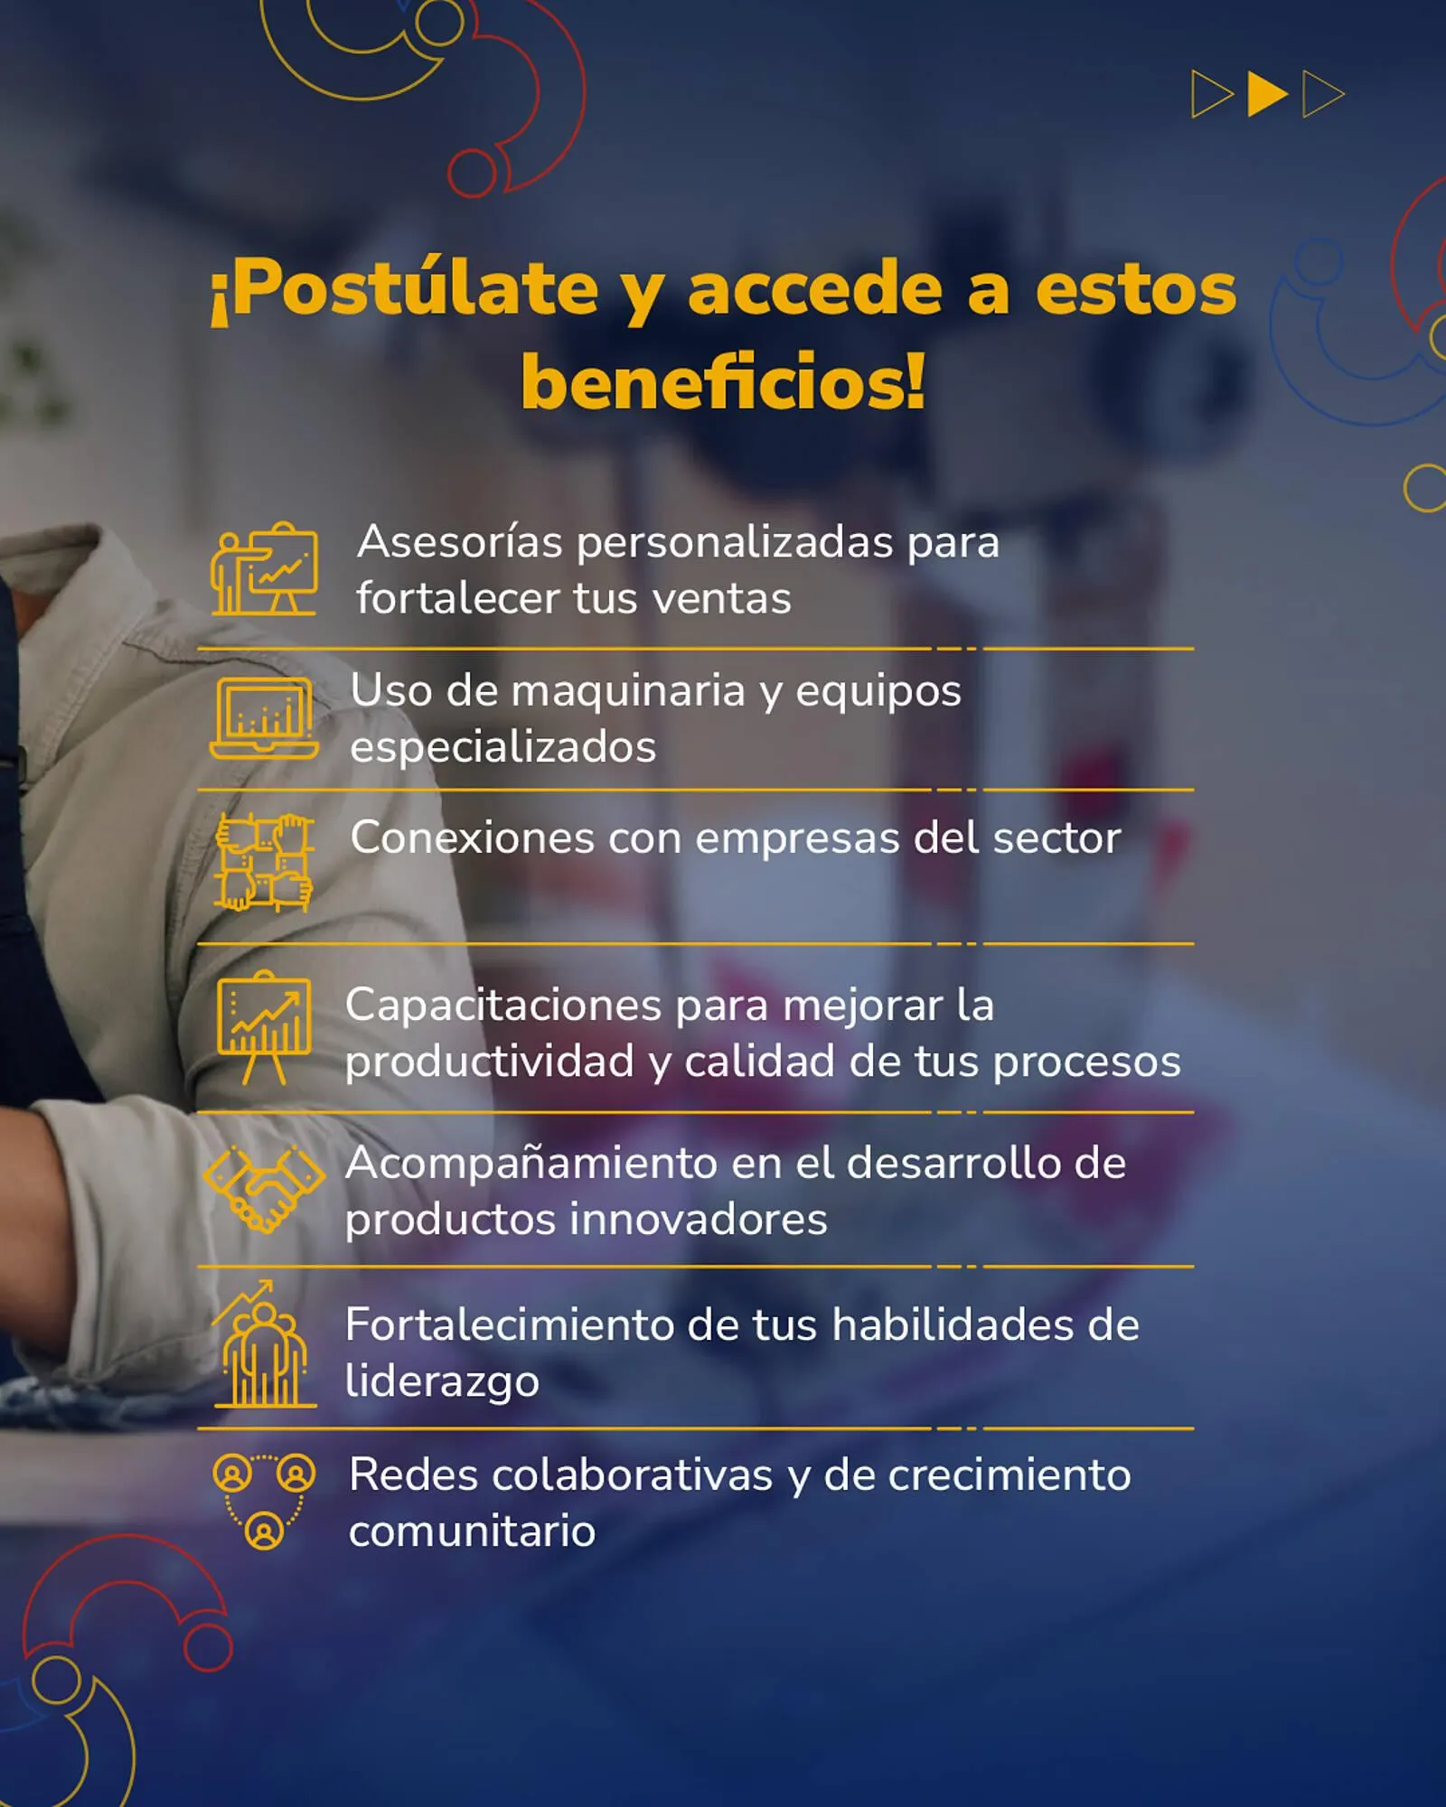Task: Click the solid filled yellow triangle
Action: click(1265, 94)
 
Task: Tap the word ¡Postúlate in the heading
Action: click(404, 290)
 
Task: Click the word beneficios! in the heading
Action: click(723, 382)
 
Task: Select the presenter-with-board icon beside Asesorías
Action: click(265, 570)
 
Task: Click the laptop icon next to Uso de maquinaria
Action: click(264, 718)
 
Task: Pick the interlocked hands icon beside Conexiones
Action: click(264, 862)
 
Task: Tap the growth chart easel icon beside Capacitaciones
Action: click(264, 1027)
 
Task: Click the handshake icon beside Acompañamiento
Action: click(264, 1188)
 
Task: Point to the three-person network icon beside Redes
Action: click(264, 1501)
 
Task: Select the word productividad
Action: click(489, 1063)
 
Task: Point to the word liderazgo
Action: click(442, 1382)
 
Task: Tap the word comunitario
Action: click(472, 1531)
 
